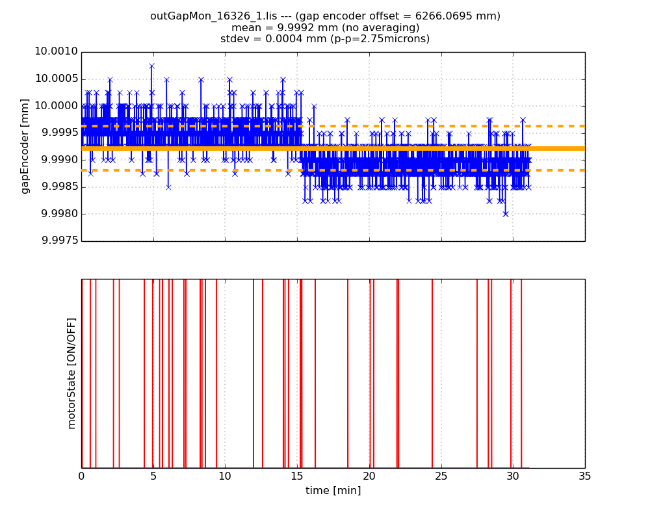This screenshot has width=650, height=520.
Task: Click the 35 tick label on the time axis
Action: coord(584,476)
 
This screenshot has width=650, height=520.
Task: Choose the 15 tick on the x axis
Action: coord(297,476)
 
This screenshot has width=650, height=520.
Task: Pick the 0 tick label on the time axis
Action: coord(81,476)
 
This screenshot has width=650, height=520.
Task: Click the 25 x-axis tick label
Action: coord(441,476)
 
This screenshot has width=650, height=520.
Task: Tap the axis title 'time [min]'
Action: coord(333,491)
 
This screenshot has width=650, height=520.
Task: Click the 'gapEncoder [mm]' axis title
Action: coord(25,146)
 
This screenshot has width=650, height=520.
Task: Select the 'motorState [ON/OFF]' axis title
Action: coord(71,373)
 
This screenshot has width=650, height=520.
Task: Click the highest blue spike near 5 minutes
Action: coord(151,66)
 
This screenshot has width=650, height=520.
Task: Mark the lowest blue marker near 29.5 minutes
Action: coord(505,213)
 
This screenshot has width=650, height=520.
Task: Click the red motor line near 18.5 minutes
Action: coord(348,373)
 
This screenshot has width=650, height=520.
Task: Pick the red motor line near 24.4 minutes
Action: coord(432,373)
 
